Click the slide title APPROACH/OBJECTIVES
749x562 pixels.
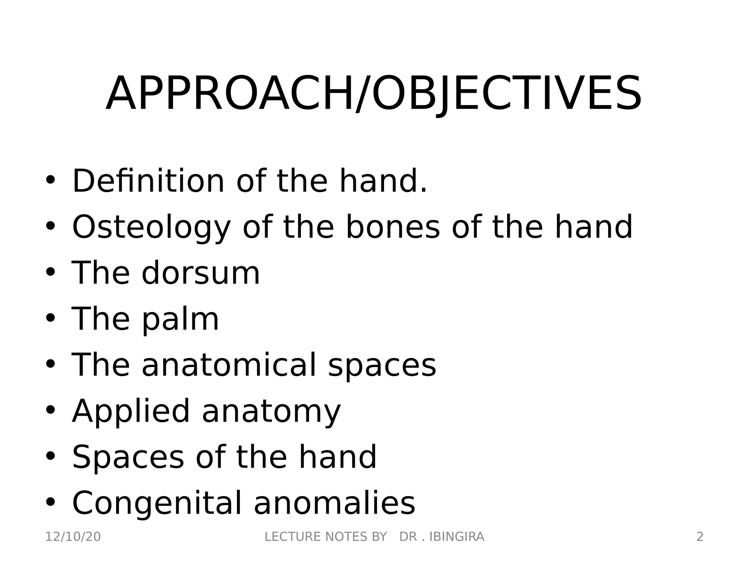tap(374, 93)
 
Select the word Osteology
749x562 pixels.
tap(151, 228)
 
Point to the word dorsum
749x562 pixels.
tap(201, 273)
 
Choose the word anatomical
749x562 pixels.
tap(229, 365)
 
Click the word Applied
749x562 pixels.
tap(131, 411)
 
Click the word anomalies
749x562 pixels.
tap(334, 503)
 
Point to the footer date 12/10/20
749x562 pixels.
tap(73, 537)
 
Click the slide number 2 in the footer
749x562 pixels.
tap(700, 537)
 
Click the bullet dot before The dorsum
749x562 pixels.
tap(50, 272)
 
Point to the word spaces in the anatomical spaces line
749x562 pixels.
tap(382, 366)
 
